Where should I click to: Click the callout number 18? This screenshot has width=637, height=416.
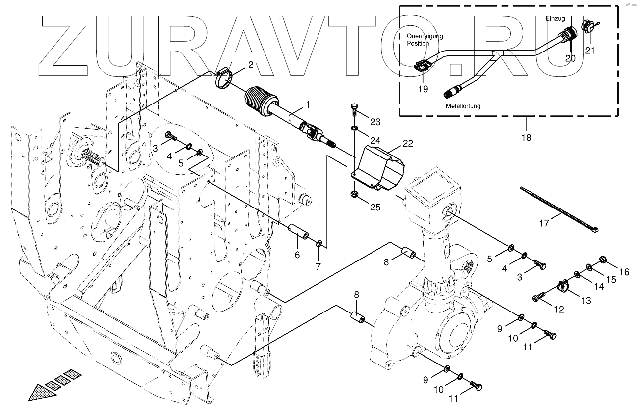tap(526, 137)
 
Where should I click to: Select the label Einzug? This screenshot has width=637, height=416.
tap(555, 19)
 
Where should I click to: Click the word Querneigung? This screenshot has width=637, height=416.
tap(425, 36)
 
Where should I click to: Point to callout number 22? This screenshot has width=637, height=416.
tap(407, 144)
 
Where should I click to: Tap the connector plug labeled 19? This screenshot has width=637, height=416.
tap(423, 65)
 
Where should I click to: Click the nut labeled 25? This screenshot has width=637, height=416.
tap(354, 193)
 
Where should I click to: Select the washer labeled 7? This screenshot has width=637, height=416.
tap(319, 244)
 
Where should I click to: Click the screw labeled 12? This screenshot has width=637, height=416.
tap(538, 296)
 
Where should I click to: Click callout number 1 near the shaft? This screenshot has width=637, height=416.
tap(308, 105)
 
